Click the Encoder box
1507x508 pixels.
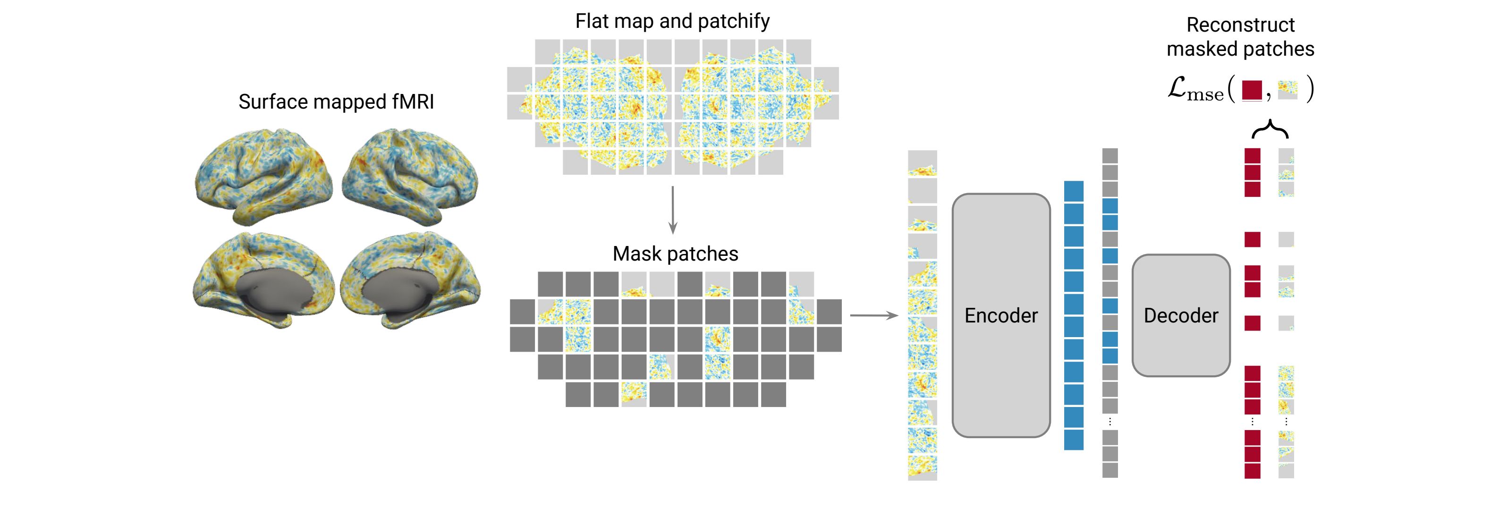(x=1000, y=315)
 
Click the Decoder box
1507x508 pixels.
(x=1181, y=315)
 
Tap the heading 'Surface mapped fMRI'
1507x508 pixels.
(x=336, y=102)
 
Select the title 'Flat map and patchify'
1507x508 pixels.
(x=672, y=21)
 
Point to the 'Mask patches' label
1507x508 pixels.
(x=675, y=254)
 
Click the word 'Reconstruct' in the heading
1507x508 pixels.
(x=1240, y=25)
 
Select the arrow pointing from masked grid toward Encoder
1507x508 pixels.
(x=873, y=315)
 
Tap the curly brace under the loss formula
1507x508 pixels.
(x=1270, y=129)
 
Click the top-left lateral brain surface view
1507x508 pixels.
(x=263, y=176)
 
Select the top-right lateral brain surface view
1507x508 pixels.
(x=409, y=176)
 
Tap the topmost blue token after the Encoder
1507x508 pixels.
(x=1074, y=191)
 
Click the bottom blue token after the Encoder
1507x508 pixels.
(x=1074, y=440)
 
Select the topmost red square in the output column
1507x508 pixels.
(x=1252, y=156)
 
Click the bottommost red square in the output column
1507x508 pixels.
(x=1252, y=471)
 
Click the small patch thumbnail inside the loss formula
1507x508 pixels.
(x=1287, y=90)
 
